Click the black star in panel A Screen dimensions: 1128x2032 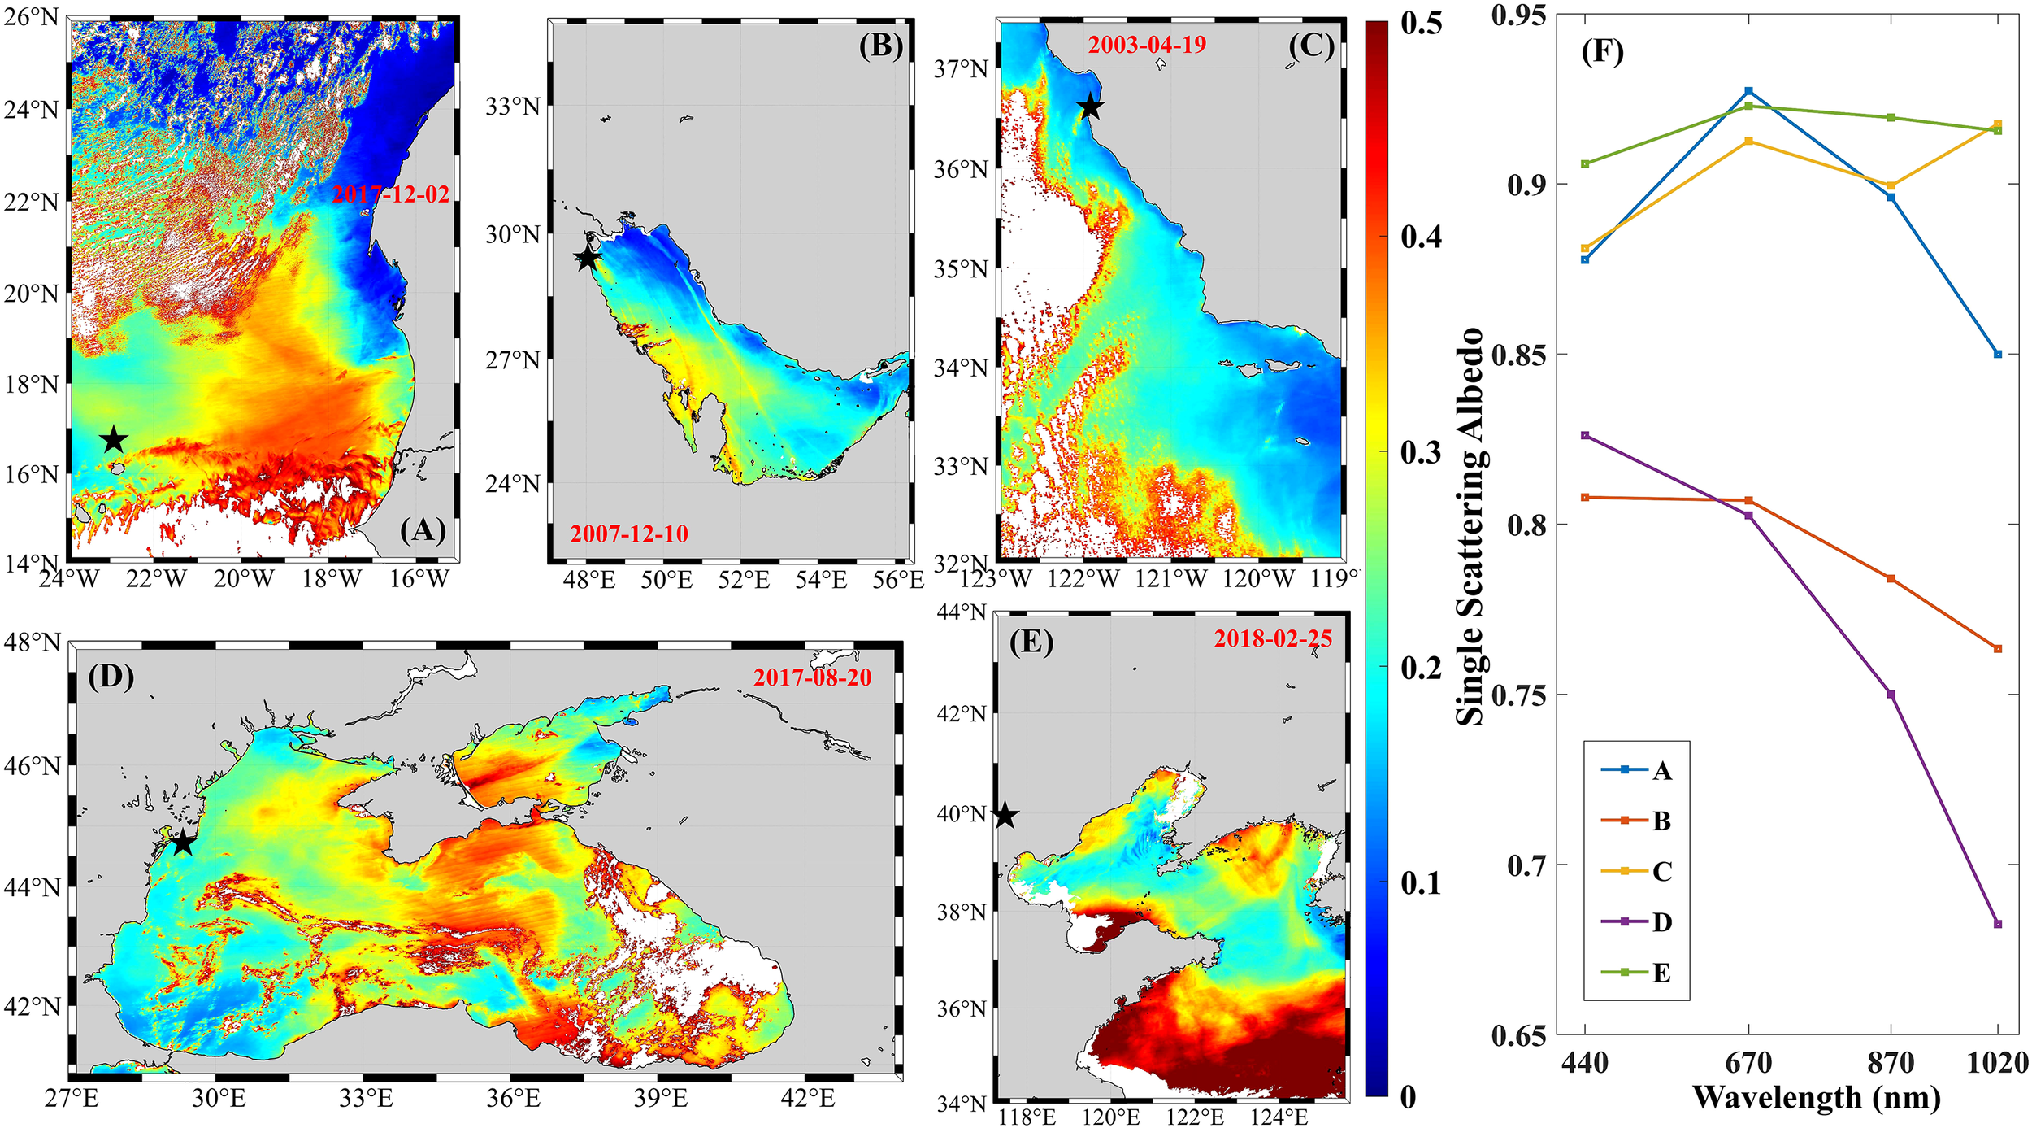point(114,440)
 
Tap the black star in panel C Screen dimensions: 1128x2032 point(1090,107)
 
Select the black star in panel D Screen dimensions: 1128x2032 point(183,843)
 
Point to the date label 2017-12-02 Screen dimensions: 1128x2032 point(391,194)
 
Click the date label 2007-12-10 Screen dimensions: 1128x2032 point(628,534)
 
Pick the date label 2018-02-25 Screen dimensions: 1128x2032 point(1273,639)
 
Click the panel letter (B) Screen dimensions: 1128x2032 point(880,46)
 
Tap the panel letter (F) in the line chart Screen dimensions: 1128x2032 point(1602,52)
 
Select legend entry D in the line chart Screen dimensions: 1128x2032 point(1661,922)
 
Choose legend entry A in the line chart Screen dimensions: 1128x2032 point(1661,770)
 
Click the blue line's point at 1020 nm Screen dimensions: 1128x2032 point(1998,354)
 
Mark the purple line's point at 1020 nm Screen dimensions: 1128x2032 point(1998,924)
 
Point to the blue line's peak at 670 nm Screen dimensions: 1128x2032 point(1748,91)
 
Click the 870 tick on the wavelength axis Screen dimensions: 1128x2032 point(1891,1063)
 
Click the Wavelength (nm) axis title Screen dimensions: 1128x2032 point(1817,1098)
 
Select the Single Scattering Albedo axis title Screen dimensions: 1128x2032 point(1470,526)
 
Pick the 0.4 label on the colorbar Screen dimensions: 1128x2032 point(1421,237)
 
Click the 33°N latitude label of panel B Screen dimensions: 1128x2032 point(513,107)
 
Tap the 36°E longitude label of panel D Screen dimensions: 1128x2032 point(514,1099)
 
